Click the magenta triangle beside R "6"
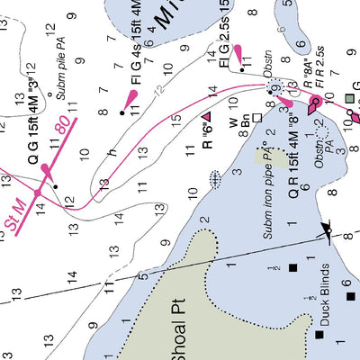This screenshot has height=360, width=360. pyautogui.click(x=206, y=117)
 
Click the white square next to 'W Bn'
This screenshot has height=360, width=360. pyautogui.click(x=256, y=117)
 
